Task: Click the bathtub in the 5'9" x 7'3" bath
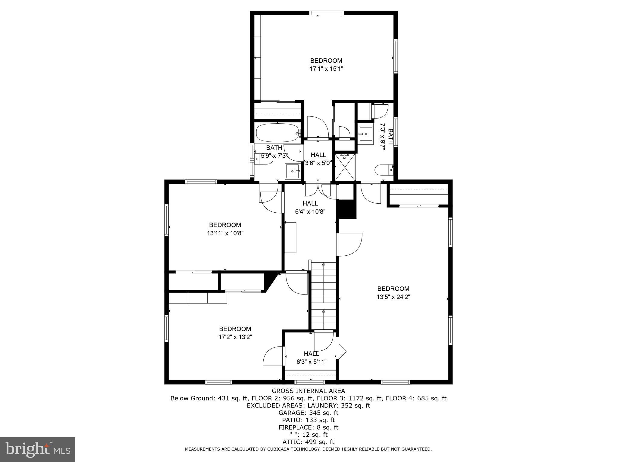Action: (277, 133)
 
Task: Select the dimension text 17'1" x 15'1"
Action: (326, 69)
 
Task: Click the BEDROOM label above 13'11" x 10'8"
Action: (225, 225)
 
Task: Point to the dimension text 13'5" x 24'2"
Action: (393, 297)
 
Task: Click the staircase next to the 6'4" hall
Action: (324, 296)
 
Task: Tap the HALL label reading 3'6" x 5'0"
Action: (318, 155)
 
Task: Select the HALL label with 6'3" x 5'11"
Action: (311, 354)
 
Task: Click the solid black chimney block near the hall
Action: (346, 209)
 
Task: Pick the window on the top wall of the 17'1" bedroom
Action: (326, 13)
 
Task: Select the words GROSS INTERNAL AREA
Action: (308, 391)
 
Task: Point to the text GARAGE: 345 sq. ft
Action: (308, 413)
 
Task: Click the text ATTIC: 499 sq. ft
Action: (308, 442)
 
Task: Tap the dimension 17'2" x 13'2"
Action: (235, 337)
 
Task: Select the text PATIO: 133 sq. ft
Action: (308, 420)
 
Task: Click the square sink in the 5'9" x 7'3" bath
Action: (292, 171)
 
